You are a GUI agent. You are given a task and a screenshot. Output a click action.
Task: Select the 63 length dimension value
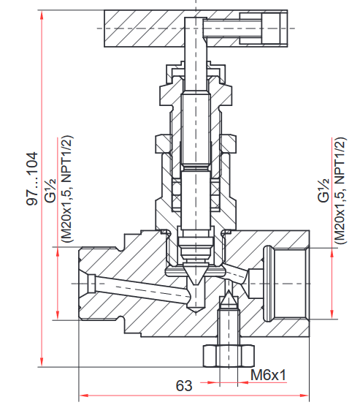pyautogui.click(x=184, y=385)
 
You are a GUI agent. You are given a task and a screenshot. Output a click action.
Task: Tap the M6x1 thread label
pyautogui.click(x=267, y=375)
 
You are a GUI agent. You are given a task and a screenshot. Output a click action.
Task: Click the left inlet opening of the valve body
pyautogui.click(x=85, y=281)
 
